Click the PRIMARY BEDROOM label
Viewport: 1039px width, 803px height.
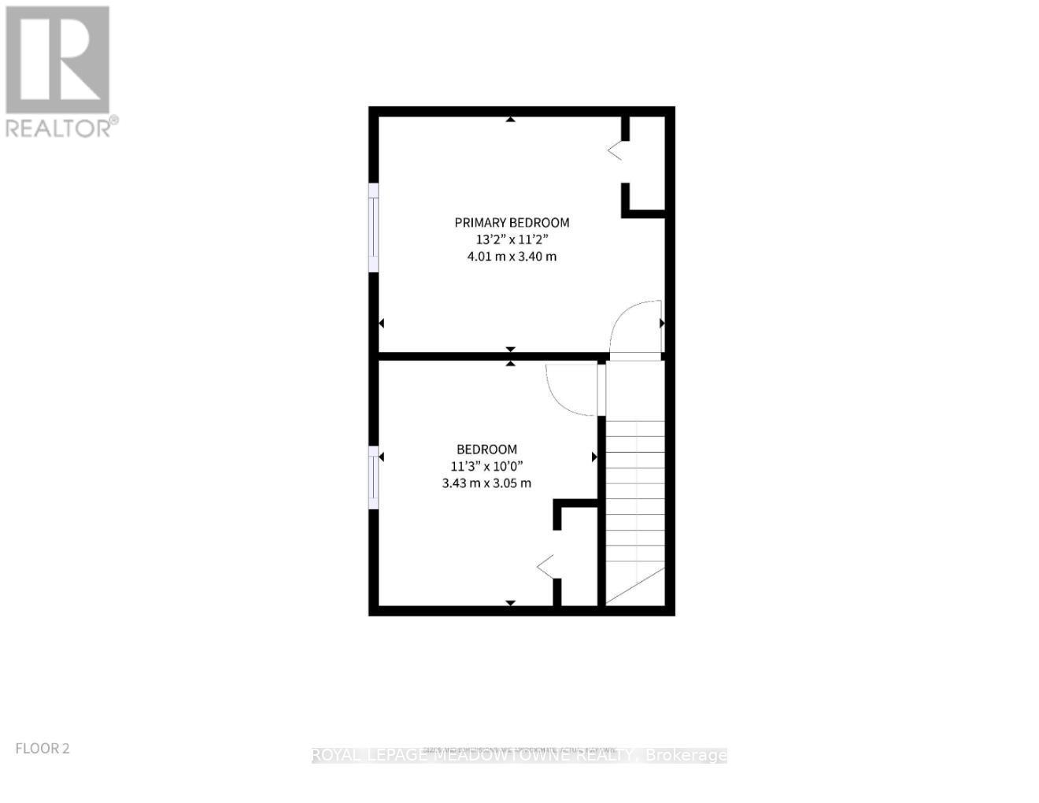coord(512,223)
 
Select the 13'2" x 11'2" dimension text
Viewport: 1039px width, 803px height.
coord(512,239)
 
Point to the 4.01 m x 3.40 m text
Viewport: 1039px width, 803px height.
coord(512,257)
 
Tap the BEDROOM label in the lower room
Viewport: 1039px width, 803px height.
coord(486,450)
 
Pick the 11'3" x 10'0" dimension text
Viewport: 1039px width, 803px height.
coord(486,466)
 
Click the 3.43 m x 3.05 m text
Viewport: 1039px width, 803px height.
coord(486,483)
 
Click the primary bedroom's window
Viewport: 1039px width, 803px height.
coord(375,229)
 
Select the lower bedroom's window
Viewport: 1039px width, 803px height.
coord(374,477)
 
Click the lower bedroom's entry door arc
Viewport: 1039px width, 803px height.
coord(570,390)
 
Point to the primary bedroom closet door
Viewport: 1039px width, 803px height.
coord(615,150)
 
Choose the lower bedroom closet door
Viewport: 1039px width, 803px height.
coord(545,564)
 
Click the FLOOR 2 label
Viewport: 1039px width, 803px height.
coord(43,749)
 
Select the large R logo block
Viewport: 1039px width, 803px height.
coord(57,60)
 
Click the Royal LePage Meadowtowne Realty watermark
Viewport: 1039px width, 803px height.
coord(519,756)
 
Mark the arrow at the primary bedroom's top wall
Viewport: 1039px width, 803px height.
coord(511,120)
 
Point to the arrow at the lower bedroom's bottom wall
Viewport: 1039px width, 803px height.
coord(510,603)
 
